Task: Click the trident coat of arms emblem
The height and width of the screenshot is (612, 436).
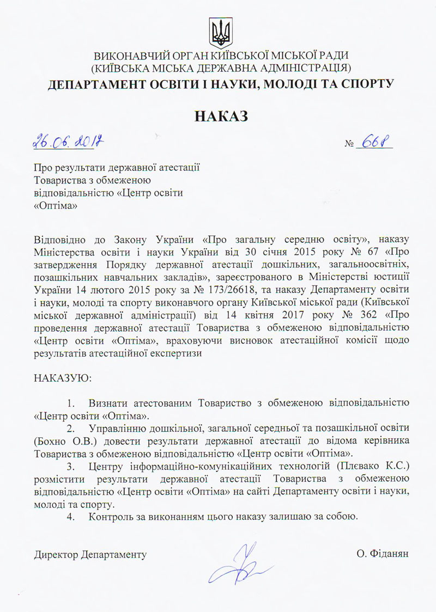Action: click(220, 32)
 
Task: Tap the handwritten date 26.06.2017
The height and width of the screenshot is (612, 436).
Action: click(69, 143)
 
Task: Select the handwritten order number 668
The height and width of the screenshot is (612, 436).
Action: click(374, 143)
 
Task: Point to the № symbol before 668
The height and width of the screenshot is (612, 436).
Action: click(349, 145)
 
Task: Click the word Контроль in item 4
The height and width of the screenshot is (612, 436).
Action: click(111, 516)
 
